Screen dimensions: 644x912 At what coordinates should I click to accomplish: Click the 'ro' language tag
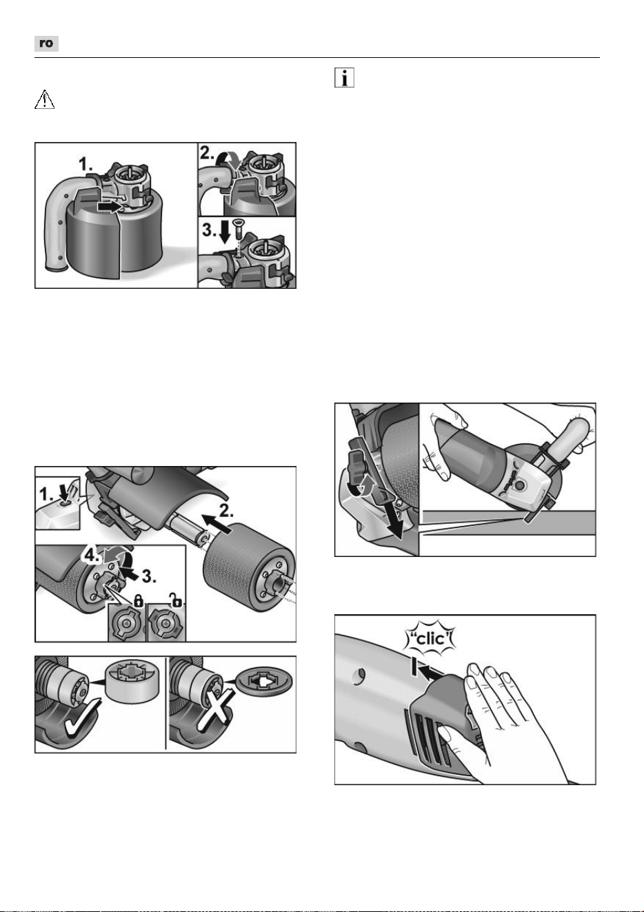(46, 43)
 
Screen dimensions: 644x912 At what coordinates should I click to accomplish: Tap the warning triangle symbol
(44, 99)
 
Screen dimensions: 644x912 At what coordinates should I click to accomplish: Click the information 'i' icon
(344, 77)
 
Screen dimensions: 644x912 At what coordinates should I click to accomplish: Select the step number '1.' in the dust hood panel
(86, 165)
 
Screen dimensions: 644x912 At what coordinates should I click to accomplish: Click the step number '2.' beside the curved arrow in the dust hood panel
(207, 152)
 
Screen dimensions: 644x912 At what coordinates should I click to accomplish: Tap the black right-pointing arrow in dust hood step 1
(110, 207)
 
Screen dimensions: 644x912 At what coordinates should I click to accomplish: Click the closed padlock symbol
(139, 600)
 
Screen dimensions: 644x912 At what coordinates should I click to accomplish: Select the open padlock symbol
(176, 599)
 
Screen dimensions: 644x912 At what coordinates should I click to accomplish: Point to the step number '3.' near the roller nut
(148, 576)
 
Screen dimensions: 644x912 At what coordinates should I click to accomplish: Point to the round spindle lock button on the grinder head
(519, 486)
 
